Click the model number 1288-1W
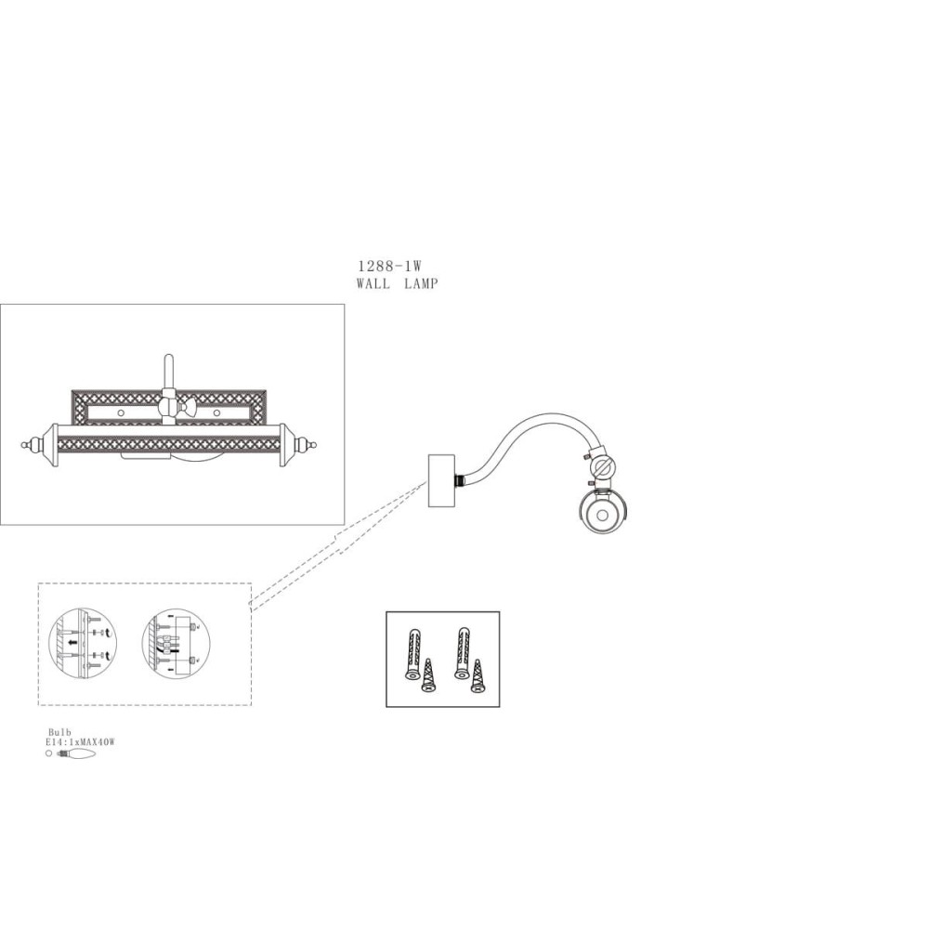point(390,267)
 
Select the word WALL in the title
point(373,283)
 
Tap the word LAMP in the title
point(421,283)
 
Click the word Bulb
point(59,732)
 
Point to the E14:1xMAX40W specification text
point(80,741)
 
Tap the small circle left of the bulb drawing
point(48,753)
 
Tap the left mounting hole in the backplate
point(120,412)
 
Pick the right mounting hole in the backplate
point(216,412)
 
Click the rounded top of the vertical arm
point(169,358)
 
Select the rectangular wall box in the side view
point(441,480)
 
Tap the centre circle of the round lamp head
point(603,515)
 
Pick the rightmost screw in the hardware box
point(477,676)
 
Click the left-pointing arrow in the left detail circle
point(72,642)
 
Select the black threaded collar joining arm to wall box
point(459,479)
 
